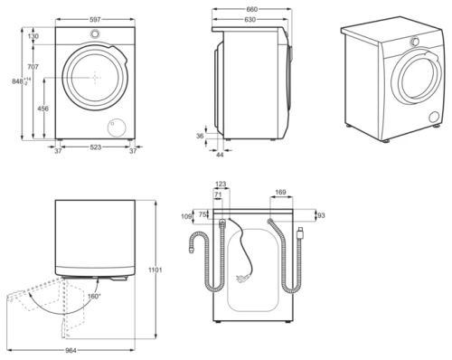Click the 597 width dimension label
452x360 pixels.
tap(95, 20)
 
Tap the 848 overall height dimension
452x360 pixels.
tap(17, 81)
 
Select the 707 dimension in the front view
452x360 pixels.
tap(33, 67)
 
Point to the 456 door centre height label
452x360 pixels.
tap(42, 109)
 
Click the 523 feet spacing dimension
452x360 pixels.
tap(96, 147)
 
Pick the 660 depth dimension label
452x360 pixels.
tap(252, 9)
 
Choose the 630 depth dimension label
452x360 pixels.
tap(250, 20)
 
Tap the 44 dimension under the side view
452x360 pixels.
tap(220, 155)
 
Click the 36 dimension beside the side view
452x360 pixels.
tap(200, 137)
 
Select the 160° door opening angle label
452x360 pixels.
tap(94, 296)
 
